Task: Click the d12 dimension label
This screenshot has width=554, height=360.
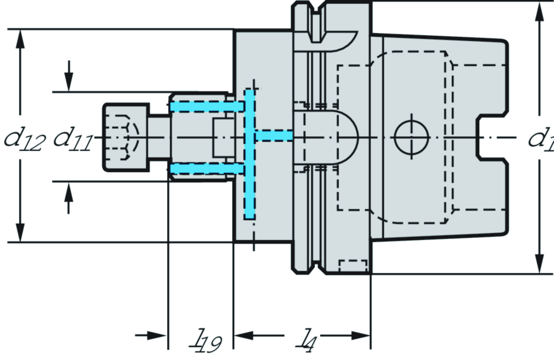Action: (x=23, y=140)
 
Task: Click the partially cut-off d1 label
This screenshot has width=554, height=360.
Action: (x=540, y=140)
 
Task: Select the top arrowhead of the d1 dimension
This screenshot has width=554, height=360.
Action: (x=539, y=11)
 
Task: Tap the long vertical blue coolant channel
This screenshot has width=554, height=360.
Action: (x=249, y=154)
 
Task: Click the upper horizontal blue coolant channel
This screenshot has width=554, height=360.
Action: (x=206, y=107)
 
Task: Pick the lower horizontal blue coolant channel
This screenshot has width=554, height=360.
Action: (x=206, y=171)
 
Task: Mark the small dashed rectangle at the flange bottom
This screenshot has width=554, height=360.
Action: (x=353, y=267)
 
